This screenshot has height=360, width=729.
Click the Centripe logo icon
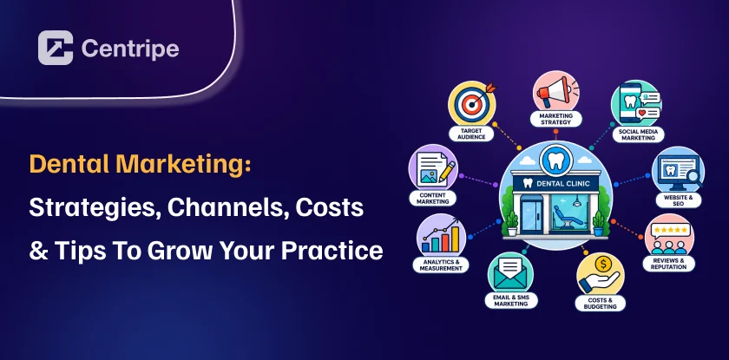(x=56, y=48)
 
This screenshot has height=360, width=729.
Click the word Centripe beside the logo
(x=130, y=49)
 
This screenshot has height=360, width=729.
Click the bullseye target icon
(x=472, y=104)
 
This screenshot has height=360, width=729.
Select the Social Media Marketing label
(x=638, y=134)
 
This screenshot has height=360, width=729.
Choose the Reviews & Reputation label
(x=668, y=264)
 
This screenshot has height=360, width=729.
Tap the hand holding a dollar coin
(x=600, y=274)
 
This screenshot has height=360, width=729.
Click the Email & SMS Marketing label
(x=511, y=300)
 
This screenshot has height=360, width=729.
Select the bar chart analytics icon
(x=441, y=237)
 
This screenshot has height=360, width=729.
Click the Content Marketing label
(x=432, y=199)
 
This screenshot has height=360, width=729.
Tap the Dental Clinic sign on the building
(x=555, y=184)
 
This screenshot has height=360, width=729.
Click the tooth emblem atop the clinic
(x=555, y=160)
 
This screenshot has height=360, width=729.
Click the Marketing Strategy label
(x=555, y=119)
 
